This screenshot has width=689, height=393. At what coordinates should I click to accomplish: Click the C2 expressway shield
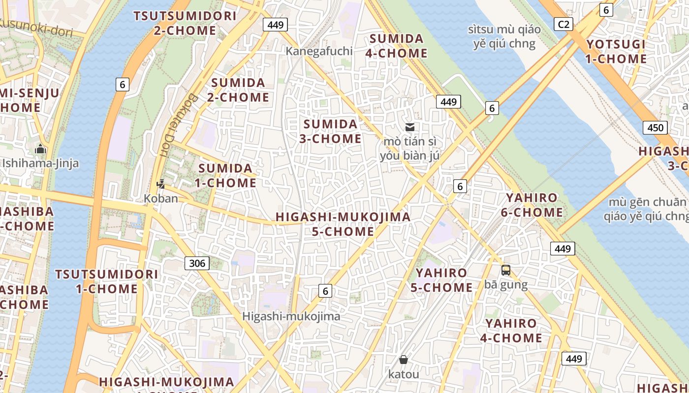tap(563, 24)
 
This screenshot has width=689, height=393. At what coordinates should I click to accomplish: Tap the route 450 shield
tap(655, 128)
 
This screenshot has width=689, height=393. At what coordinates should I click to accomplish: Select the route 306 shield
tap(197, 263)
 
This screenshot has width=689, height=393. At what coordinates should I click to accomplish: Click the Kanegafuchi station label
tap(319, 51)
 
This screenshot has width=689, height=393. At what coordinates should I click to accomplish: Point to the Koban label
tap(160, 198)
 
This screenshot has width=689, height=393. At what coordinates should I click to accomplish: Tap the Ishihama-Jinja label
tap(40, 163)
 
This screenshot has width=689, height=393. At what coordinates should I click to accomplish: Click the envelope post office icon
tap(409, 127)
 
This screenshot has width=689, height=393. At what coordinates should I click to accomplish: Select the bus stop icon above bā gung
tap(505, 270)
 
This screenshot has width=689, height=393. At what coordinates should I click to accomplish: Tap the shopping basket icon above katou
tap(404, 360)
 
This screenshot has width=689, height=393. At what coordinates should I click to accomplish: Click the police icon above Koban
tap(160, 184)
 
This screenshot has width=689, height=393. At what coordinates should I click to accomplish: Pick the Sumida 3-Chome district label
tap(331, 131)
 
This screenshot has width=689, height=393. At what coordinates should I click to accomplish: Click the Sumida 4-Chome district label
tap(397, 46)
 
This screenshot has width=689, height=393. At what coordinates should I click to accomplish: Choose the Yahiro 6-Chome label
tap(532, 205)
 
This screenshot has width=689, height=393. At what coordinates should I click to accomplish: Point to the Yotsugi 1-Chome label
tap(616, 52)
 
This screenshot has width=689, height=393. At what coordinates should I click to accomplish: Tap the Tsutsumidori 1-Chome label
tap(106, 281)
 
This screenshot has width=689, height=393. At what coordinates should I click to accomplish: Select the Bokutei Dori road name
tap(178, 125)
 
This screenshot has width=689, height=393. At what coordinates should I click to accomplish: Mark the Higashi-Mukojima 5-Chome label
tap(343, 224)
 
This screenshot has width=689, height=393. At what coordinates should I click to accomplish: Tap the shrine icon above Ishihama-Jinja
tap(40, 149)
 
